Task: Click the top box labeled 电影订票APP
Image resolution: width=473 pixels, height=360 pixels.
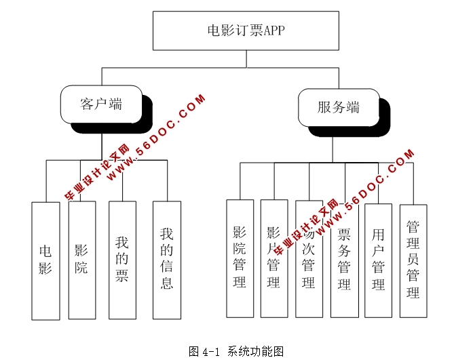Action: point(245,31)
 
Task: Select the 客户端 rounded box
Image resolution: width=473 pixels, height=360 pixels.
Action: point(101,104)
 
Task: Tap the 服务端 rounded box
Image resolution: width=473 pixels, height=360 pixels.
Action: point(338,108)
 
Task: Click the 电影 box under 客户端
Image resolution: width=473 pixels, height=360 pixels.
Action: point(45,260)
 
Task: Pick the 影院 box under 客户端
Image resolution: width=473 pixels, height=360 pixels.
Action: point(81,258)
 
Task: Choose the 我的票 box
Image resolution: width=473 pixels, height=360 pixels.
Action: point(122,258)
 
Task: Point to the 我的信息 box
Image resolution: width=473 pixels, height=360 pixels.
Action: point(167,259)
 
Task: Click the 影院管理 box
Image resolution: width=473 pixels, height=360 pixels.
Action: point(240,258)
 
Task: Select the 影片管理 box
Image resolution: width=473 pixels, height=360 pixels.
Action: point(274,258)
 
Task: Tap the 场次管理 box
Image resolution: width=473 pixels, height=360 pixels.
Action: point(309,258)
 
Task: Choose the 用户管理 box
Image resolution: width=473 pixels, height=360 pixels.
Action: point(378,260)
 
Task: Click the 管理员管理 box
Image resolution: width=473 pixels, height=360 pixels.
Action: point(413,260)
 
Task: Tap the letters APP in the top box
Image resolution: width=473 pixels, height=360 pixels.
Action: point(275,31)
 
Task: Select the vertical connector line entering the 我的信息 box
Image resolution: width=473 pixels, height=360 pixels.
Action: point(167,180)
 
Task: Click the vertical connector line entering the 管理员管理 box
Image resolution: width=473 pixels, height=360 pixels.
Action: point(413,183)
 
